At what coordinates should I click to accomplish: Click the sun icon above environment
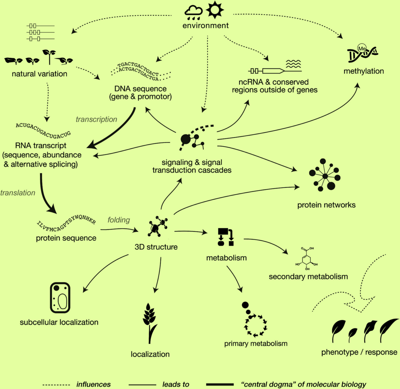[x=215, y=10]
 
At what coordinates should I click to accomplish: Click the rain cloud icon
[x=194, y=13]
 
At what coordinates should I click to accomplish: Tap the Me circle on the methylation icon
[x=362, y=48]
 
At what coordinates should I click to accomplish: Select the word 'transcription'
[x=96, y=119]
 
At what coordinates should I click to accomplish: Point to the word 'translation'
[x=18, y=193]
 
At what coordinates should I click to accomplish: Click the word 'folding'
[x=119, y=220]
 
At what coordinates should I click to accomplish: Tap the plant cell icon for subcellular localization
[x=60, y=297]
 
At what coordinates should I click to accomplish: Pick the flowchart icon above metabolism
[x=226, y=237]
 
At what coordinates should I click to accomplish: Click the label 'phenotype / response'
[x=359, y=352]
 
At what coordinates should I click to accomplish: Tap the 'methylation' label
[x=363, y=71]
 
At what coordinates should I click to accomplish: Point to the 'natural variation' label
[x=39, y=74]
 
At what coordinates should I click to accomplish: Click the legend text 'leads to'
[x=176, y=384]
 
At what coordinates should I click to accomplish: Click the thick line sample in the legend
[x=220, y=384]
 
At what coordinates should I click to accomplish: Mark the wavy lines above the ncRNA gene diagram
[x=293, y=64]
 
